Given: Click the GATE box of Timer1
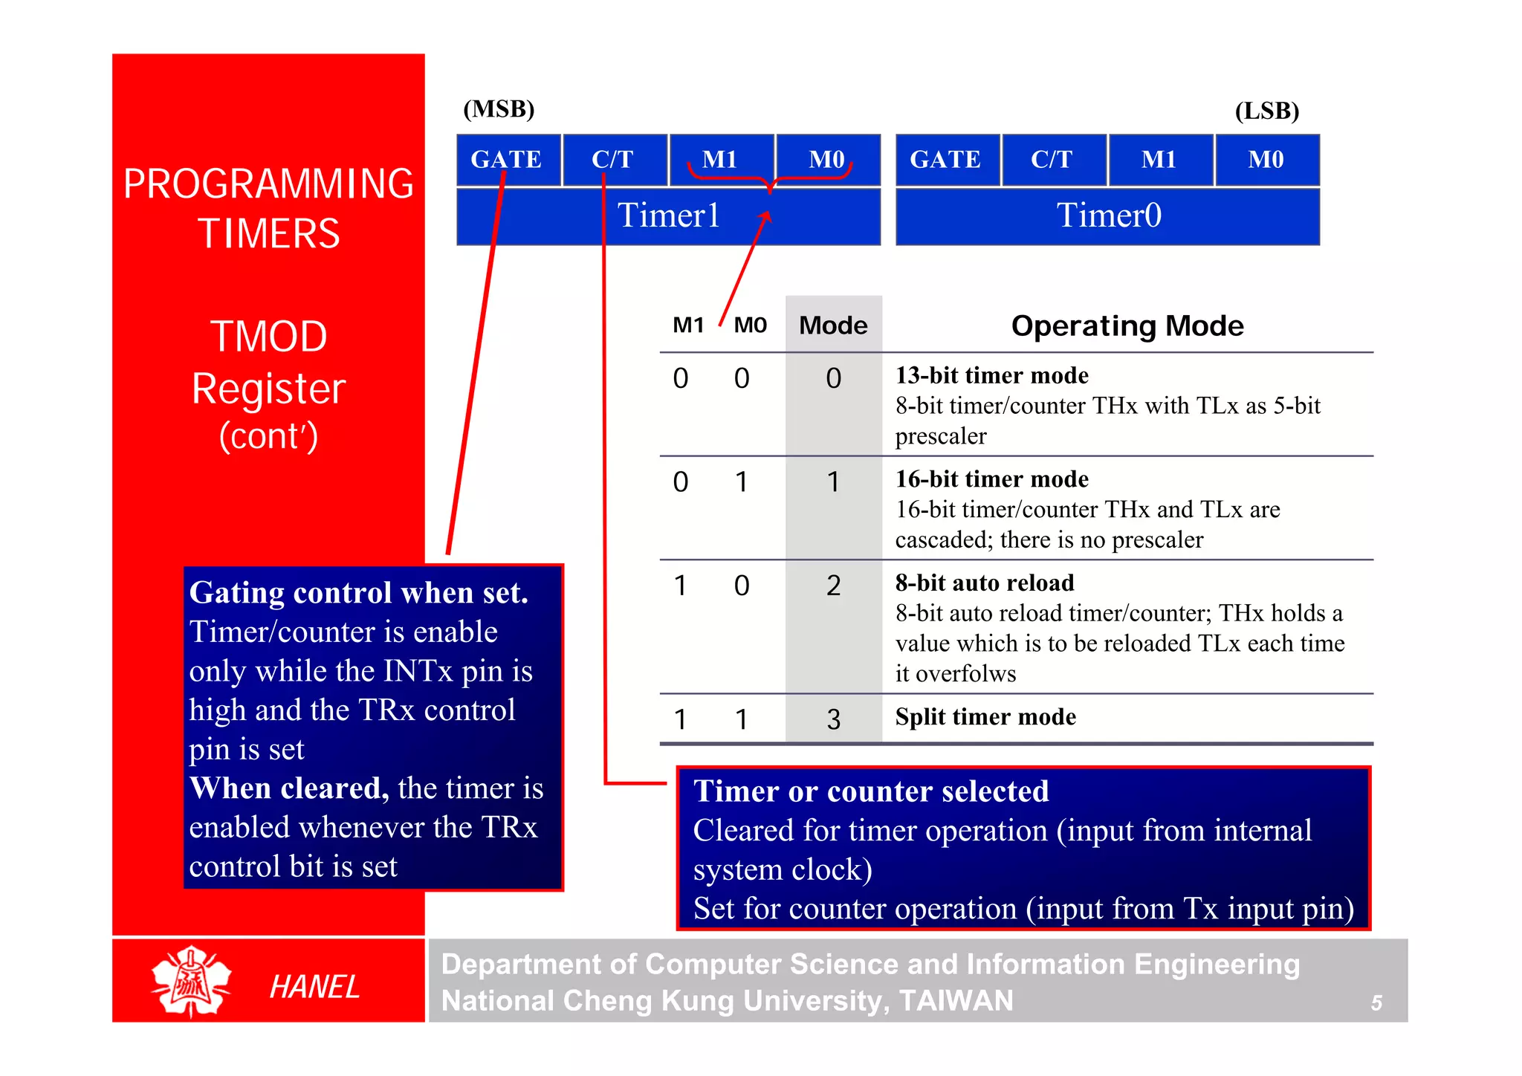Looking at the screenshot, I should pyautogui.click(x=508, y=160).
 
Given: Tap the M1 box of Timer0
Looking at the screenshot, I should pyautogui.click(x=1160, y=160).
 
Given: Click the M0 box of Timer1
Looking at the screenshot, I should pyautogui.click(x=827, y=160).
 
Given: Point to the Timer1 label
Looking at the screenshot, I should pyautogui.click(x=668, y=216).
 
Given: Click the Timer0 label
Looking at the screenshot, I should pyautogui.click(x=1108, y=216).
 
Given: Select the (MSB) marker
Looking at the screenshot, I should pyautogui.click(x=499, y=109).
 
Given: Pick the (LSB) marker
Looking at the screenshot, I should pyautogui.click(x=1266, y=111).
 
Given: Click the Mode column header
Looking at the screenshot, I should pyautogui.click(x=833, y=325).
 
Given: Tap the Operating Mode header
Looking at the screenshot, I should pyautogui.click(x=1127, y=325).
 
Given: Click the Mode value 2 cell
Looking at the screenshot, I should pyautogui.click(x=833, y=586).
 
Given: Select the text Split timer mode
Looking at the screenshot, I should pyautogui.click(x=985, y=717).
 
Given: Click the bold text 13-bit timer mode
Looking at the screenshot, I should pyautogui.click(x=991, y=375).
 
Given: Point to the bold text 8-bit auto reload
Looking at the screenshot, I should pyautogui.click(x=984, y=583).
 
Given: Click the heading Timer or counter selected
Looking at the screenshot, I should pyautogui.click(x=870, y=791).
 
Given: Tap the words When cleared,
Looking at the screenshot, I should pyautogui.click(x=289, y=788).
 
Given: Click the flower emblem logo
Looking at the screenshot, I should pyautogui.click(x=191, y=982).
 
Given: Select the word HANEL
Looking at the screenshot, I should pyautogui.click(x=314, y=987).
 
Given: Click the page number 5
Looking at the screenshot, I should pyautogui.click(x=1376, y=1003).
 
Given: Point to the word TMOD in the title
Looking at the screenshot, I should pyautogui.click(x=268, y=337).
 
